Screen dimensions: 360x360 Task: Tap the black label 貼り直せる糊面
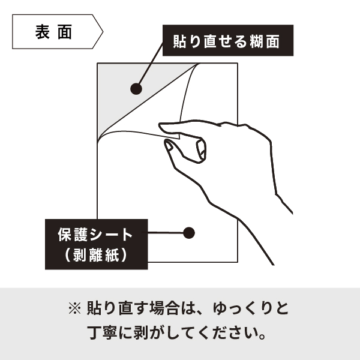click(x=228, y=40)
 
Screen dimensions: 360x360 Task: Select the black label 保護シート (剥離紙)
click(x=97, y=244)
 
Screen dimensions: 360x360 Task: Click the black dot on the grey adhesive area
click(x=136, y=89)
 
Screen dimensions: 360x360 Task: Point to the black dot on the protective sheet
click(x=189, y=233)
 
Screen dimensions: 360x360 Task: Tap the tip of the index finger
click(x=160, y=125)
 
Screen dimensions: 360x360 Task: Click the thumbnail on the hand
click(x=169, y=146)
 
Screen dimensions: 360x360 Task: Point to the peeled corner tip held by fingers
click(x=178, y=138)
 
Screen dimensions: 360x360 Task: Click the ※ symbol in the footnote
click(x=75, y=308)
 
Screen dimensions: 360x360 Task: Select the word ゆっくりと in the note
click(x=250, y=308)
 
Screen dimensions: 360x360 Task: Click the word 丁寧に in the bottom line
click(x=110, y=333)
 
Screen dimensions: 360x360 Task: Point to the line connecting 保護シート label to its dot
click(x=166, y=233)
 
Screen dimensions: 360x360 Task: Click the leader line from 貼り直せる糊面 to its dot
click(x=151, y=64)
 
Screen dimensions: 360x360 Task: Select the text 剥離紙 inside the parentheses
click(x=96, y=255)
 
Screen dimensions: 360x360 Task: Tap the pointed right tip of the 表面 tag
click(x=103, y=32)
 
